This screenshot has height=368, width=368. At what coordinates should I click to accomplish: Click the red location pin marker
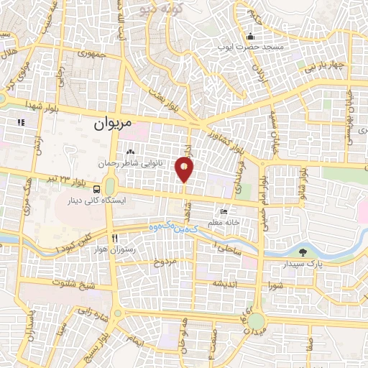(x=185, y=169)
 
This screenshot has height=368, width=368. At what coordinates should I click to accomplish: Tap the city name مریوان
(x=114, y=124)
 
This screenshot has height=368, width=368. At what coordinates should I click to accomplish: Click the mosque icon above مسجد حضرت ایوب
(x=250, y=37)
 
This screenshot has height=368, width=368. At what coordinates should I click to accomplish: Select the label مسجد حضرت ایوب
(x=252, y=47)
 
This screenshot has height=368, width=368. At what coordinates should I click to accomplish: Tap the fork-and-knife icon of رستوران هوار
(x=114, y=238)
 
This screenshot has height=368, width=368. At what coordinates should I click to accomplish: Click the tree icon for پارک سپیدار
(x=303, y=252)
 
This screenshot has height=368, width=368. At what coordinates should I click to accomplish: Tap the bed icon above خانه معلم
(x=224, y=212)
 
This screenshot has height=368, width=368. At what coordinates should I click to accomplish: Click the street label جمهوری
(x=93, y=52)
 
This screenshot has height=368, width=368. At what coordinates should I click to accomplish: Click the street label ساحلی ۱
(x=227, y=247)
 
